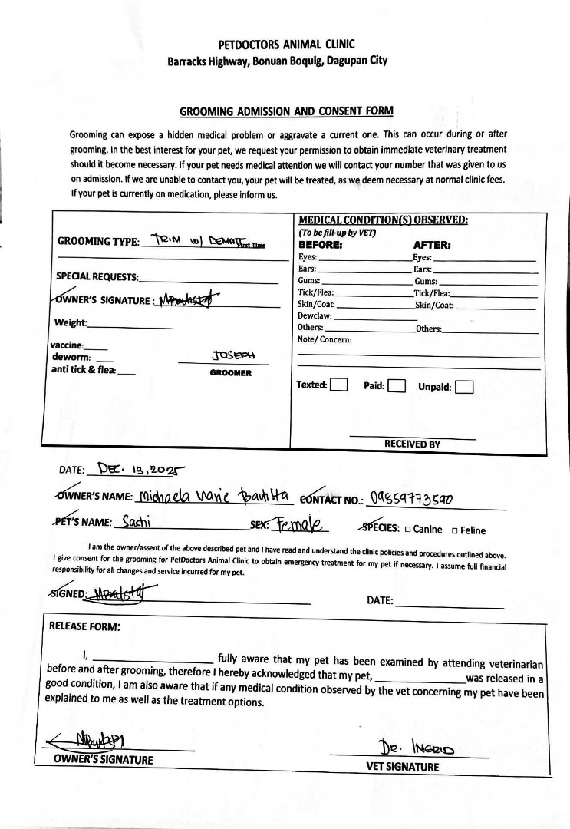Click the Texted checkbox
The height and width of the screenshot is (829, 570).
point(338,385)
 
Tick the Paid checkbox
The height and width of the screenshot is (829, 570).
point(396,385)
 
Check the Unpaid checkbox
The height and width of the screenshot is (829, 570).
point(463,387)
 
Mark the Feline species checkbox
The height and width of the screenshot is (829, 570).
point(455,530)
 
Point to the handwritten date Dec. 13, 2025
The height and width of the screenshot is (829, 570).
point(136,467)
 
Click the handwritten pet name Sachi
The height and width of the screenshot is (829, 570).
point(137,523)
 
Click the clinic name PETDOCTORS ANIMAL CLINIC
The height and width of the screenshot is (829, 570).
point(285,45)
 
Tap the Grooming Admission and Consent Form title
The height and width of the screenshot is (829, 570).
point(286,111)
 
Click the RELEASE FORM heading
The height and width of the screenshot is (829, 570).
point(84,626)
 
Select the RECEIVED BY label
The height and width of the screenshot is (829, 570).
point(412,444)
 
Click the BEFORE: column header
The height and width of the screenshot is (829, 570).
point(320,246)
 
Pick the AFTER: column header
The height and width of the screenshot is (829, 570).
point(432,246)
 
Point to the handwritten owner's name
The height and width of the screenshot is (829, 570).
point(212,497)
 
